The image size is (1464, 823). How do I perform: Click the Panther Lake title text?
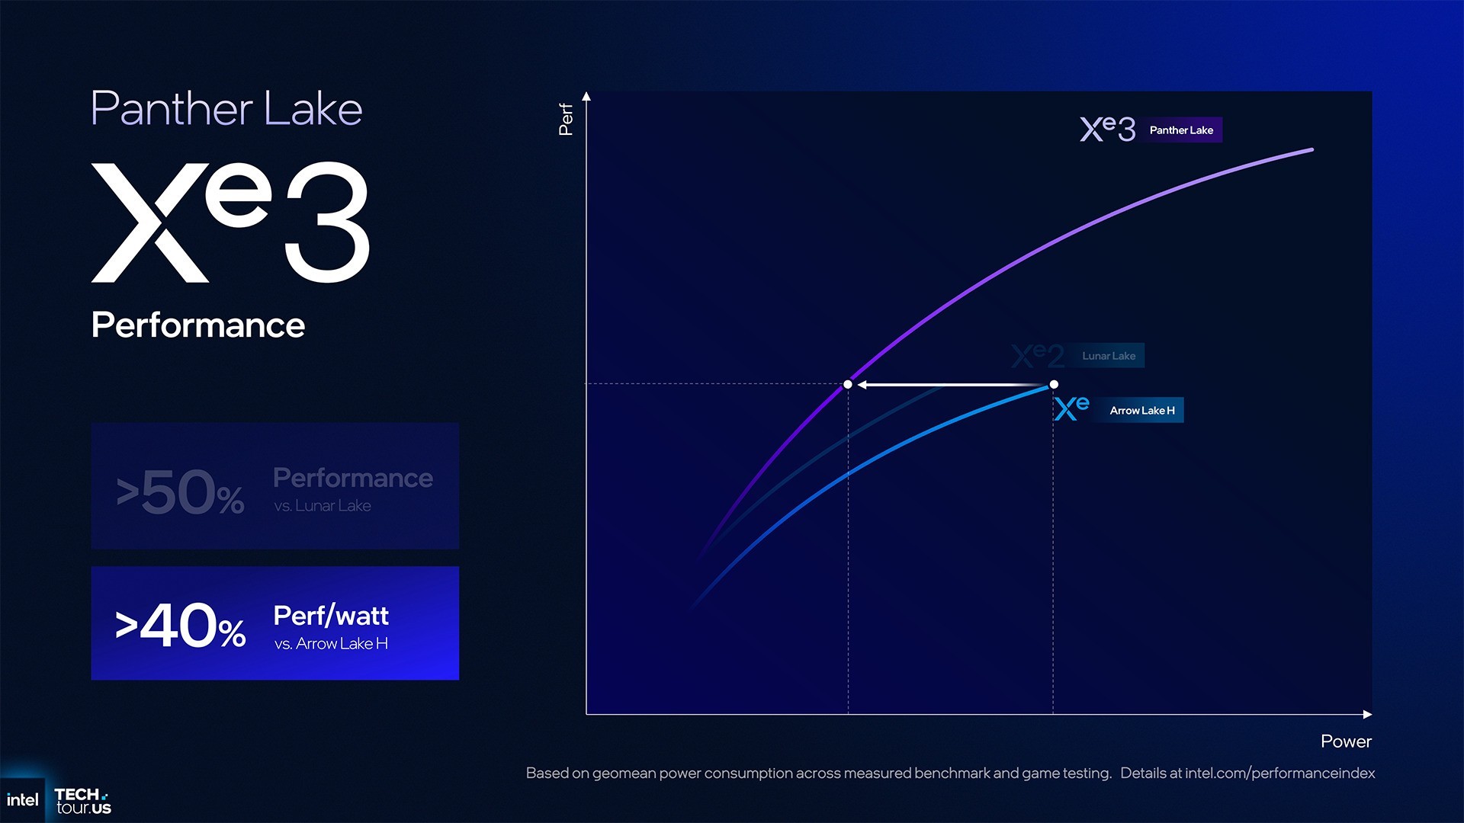pos(226,109)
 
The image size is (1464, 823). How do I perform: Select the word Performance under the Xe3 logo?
pos(198,325)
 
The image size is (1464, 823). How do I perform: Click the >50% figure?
pos(181,492)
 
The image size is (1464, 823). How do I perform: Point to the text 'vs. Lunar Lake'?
pos(323,506)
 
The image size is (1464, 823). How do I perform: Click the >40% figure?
pos(181,626)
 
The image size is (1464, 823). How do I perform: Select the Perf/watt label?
pos(331,615)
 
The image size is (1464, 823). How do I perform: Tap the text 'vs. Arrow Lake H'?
pos(331,644)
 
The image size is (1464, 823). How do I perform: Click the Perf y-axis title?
pos(566,120)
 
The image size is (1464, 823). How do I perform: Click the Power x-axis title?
pos(1346,741)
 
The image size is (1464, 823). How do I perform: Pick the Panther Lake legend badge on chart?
pos(1181,130)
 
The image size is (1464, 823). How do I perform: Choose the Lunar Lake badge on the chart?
pos(1109,356)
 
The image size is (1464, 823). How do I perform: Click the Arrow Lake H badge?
pos(1141,411)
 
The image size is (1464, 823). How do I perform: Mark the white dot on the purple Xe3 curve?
pos(848,385)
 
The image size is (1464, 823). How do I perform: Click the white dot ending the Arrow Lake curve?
pos(1054,385)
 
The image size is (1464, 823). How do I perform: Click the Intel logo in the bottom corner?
pos(22,800)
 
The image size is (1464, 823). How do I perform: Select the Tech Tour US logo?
pos(82,802)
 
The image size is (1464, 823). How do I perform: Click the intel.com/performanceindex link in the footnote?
pos(1279,773)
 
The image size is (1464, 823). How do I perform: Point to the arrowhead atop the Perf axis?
pos(586,97)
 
